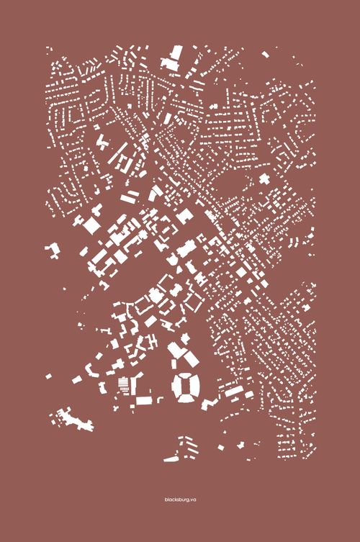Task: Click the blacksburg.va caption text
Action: pyautogui.click(x=180, y=499)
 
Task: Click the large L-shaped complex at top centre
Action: pyautogui.click(x=174, y=58)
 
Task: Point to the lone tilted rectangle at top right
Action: pyautogui.click(x=266, y=53)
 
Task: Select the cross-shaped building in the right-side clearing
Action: pyautogui.click(x=264, y=179)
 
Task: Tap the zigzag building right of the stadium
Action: pyautogui.click(x=210, y=403)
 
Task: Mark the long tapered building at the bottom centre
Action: pyautogui.click(x=173, y=457)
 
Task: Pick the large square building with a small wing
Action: pyautogui.click(x=91, y=225)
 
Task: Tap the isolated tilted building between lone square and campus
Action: pyautogui.click(x=76, y=379)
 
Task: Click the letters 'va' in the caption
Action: pyautogui.click(x=192, y=499)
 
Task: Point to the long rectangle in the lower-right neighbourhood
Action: pyautogui.click(x=234, y=392)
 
